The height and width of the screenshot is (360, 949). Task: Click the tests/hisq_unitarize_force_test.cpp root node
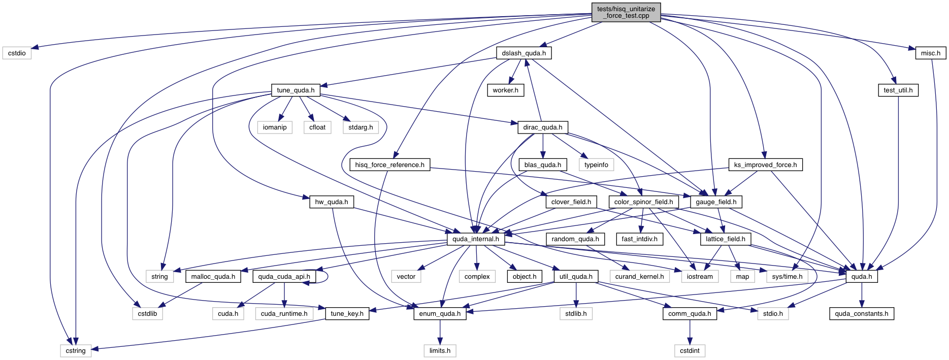[626, 12]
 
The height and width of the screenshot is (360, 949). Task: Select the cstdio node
[17, 53]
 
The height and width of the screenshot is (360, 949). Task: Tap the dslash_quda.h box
[523, 53]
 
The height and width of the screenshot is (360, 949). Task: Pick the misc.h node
[930, 53]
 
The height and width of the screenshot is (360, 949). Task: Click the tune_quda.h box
[296, 90]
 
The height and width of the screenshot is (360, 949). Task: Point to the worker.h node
[505, 90]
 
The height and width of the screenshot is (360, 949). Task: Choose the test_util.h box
[898, 90]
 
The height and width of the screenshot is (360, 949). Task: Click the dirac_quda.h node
[542, 127]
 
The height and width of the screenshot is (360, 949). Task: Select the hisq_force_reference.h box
[389, 165]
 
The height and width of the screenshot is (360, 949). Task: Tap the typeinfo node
[596, 165]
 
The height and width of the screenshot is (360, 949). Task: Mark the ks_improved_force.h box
[765, 165]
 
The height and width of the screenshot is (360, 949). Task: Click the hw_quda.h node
[331, 202]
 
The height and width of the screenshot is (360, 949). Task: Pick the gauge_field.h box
[716, 202]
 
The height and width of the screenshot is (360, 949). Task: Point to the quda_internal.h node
[475, 239]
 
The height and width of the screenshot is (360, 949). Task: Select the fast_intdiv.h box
[639, 239]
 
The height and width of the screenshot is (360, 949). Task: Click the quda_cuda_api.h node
[284, 277]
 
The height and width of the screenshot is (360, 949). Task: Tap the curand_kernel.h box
[639, 277]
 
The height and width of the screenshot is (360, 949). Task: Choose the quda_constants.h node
[861, 314]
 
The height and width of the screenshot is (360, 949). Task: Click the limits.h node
[440, 351]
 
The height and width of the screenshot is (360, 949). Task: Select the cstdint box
[690, 351]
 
